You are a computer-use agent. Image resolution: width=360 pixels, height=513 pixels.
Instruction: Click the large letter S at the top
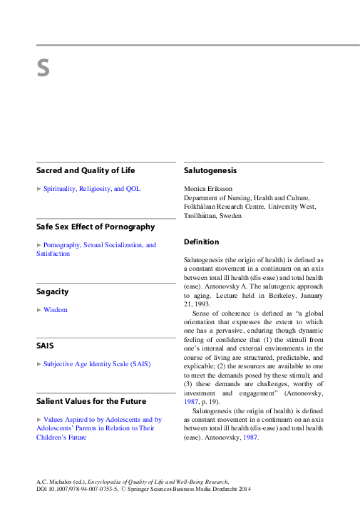click(43, 69)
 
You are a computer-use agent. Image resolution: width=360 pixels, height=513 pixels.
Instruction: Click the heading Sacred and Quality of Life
click(86, 171)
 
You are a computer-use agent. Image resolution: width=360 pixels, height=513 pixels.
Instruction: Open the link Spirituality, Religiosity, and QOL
click(92, 189)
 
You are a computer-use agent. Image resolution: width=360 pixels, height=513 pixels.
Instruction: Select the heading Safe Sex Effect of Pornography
click(96, 227)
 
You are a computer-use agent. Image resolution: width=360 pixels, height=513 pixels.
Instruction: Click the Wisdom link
click(56, 310)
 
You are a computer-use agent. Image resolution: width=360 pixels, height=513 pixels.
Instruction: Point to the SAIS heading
click(45, 346)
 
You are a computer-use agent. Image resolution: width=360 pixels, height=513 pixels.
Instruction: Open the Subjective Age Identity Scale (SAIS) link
click(97, 363)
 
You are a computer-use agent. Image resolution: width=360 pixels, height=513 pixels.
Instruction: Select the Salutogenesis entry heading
click(210, 171)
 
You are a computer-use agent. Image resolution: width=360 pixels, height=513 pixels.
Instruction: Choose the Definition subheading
click(202, 242)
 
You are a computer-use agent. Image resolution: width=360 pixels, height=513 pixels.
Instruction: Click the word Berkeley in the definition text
click(272, 294)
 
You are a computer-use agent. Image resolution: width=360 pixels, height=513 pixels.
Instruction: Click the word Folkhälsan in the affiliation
click(203, 207)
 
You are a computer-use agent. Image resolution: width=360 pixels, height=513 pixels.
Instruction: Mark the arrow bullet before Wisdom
click(39, 310)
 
